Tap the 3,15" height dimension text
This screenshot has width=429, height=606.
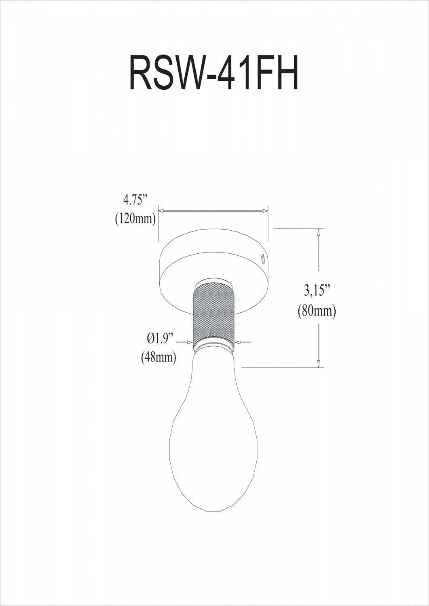[x=317, y=290]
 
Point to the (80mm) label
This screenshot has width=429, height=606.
[x=317, y=311]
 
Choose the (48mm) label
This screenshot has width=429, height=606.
[x=158, y=358]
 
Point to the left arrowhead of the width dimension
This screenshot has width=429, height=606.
[x=161, y=210]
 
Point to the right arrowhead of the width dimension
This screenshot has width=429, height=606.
[x=265, y=210]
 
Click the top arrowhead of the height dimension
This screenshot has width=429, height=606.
[x=319, y=233]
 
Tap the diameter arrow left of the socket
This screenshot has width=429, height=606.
[x=189, y=342]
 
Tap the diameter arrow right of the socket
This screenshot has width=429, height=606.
[x=239, y=342]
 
